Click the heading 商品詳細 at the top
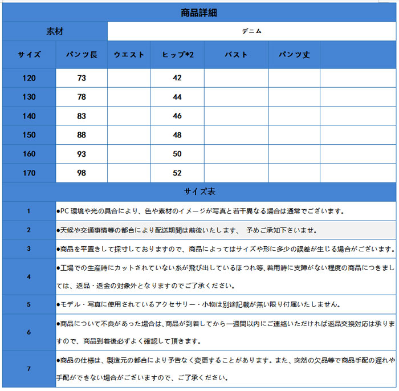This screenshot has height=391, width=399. pyautogui.click(x=198, y=13)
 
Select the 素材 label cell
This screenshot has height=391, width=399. pyautogui.click(x=55, y=31)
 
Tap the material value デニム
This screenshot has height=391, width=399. pyautogui.click(x=251, y=31)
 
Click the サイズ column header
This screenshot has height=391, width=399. pyautogui.click(x=29, y=55)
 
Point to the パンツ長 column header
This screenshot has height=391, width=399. pyautogui.click(x=82, y=55)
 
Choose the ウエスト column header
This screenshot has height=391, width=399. pyautogui.click(x=129, y=55)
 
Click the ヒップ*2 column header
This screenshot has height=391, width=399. pyautogui.click(x=177, y=55)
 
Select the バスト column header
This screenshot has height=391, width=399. pyautogui.click(x=236, y=55)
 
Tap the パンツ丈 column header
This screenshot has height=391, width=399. pyautogui.click(x=294, y=55)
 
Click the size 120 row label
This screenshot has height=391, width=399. pyautogui.click(x=29, y=78)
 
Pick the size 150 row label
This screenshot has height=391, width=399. pyautogui.click(x=29, y=135)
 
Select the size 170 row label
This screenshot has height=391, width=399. pyautogui.click(x=29, y=173)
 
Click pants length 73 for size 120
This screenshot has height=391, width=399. pyautogui.click(x=82, y=78)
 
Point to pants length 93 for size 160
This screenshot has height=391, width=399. pyautogui.click(x=82, y=154)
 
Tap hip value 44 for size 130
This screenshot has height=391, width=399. pyautogui.click(x=177, y=97)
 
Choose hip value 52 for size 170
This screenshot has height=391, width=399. pyautogui.click(x=177, y=173)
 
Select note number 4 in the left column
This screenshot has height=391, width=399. pyautogui.click(x=29, y=276)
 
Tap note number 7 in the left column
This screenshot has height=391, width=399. pyautogui.click(x=29, y=369)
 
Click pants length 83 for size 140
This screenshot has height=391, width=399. pyautogui.click(x=82, y=116)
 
